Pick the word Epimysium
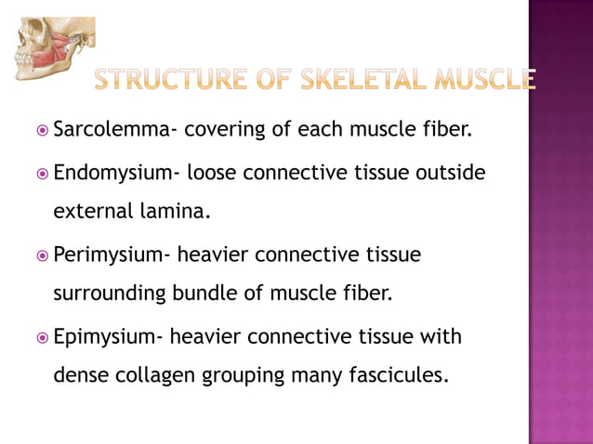point(109,336)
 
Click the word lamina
point(175,212)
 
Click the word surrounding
point(109,294)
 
